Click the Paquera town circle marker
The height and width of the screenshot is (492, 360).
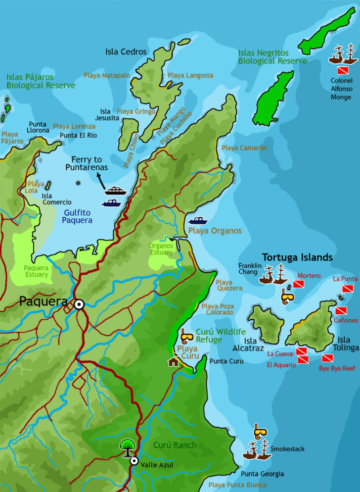79,304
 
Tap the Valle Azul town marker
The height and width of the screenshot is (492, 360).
134,461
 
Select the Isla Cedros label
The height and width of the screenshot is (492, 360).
126,51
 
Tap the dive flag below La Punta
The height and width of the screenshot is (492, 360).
348,289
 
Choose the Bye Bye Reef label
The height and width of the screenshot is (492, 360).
337,368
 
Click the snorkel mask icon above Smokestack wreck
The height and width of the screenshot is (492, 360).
260,431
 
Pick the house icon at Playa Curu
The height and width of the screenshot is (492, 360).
173,361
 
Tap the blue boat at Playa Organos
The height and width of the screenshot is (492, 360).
198,220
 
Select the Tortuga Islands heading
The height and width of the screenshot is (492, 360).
297,257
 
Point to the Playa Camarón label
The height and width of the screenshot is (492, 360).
244,148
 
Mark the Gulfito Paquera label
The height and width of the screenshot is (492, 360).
78,216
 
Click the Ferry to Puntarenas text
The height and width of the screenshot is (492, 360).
87,163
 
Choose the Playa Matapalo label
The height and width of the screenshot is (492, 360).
107,75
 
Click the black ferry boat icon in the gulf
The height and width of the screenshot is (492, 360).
116,191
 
